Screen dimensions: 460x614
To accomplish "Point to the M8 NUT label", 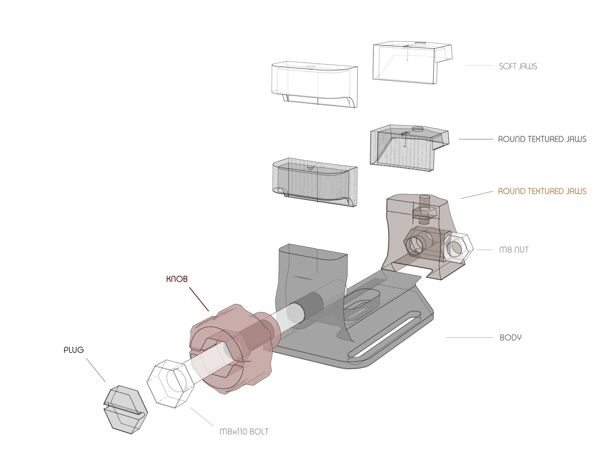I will tap(514, 250).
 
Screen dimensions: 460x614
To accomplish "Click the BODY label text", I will tap(510, 338).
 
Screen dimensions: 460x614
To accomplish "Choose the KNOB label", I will tap(177, 279).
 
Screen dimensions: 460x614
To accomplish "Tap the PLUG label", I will tap(73, 350).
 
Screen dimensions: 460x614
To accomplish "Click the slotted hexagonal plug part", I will tap(125, 410).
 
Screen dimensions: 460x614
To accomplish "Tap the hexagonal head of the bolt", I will tap(170, 384).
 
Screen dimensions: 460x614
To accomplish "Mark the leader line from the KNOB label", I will tap(199, 299).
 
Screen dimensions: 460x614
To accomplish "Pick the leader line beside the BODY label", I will tap(469, 338).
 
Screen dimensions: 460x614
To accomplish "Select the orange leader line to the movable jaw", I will tap(477, 195).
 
